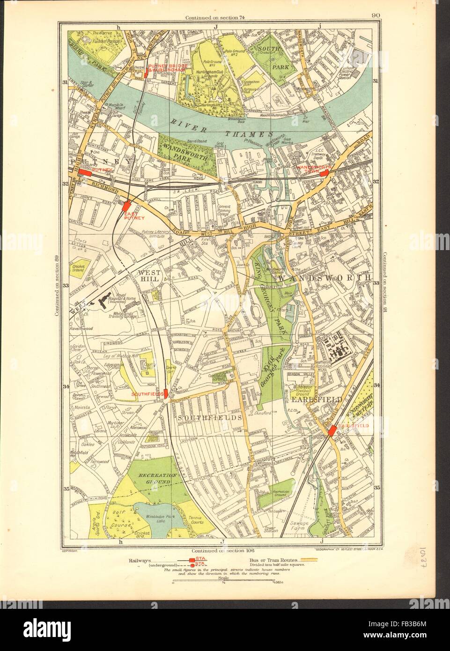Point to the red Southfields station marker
tap(166, 393)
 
